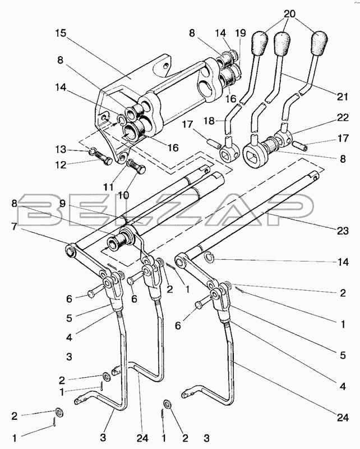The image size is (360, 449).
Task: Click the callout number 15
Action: coord(61,33)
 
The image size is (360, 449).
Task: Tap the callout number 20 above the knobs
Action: coord(289,13)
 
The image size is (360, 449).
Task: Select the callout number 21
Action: coord(342,96)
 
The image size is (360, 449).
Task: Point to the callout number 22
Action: coord(343,118)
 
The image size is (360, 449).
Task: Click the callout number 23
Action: coord(343,231)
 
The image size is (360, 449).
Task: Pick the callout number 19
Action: coord(241,33)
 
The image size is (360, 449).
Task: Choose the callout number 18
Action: coord(210,121)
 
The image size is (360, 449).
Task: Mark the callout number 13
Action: coord(61,149)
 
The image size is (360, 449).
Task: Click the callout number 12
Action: coord(61,165)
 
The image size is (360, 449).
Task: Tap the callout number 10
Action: coord(123,195)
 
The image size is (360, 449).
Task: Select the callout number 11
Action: coord(109,187)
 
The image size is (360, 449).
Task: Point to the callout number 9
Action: coord(63,204)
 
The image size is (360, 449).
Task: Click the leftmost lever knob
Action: coord(260,43)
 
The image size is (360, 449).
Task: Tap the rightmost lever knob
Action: coord(320,43)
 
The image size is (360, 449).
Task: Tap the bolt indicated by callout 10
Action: coord(136,166)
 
